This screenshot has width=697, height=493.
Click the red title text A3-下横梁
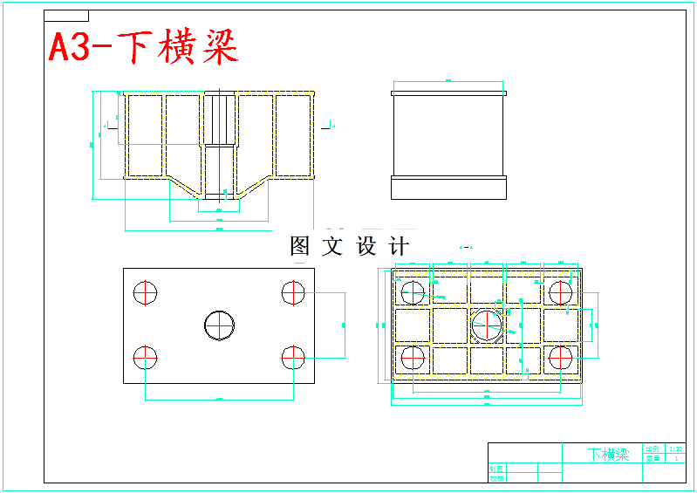tap(143, 48)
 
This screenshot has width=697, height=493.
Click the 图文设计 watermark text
tap(349, 247)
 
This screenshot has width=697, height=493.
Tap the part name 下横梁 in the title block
tap(608, 455)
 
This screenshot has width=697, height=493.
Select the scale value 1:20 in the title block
tap(676, 448)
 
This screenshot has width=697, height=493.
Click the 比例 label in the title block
tap(653, 448)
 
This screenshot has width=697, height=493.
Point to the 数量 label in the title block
tap(653, 458)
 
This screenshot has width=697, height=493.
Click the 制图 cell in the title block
tap(496, 469)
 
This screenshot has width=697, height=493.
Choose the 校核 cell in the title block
tap(496, 478)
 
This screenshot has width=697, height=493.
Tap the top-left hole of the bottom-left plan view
tap(146, 292)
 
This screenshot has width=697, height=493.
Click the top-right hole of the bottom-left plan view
tap(294, 292)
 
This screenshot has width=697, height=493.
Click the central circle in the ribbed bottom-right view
tap(487, 325)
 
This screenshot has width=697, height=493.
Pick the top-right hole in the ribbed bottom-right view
tap(561, 293)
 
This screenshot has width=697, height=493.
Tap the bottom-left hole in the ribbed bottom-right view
tap(413, 358)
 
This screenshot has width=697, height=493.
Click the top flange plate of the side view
tap(448, 92)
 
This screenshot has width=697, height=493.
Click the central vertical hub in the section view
tap(219, 144)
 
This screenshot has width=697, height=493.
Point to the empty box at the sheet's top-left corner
tap(66, 16)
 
